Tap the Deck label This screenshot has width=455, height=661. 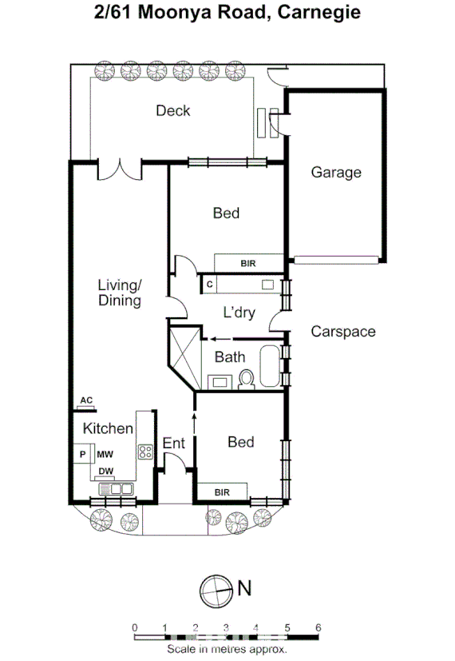(173, 110)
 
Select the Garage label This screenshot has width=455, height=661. (336, 172)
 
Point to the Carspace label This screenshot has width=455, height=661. (342, 331)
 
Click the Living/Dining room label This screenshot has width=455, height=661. (120, 293)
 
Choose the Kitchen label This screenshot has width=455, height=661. (109, 428)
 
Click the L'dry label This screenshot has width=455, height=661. (239, 313)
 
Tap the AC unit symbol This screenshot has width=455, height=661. (87, 402)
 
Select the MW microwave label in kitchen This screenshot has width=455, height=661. (105, 454)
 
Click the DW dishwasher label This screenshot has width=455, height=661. (105, 472)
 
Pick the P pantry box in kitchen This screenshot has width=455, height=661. (82, 454)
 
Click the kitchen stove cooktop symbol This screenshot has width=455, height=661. (146, 452)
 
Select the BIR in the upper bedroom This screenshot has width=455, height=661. (248, 263)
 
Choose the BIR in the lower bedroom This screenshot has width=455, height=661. (223, 492)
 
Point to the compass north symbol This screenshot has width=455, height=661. (214, 590)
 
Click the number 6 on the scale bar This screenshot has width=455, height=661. (318, 627)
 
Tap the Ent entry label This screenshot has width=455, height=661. (173, 444)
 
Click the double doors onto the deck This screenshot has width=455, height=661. (119, 170)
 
